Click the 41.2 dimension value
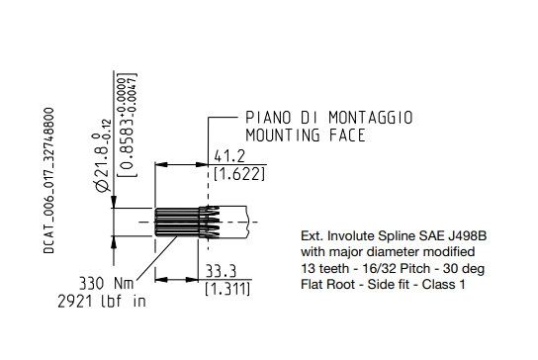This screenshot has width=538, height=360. (229, 156)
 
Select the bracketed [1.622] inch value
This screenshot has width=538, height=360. (239, 174)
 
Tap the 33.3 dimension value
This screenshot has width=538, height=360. (221, 271)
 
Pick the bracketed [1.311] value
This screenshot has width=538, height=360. (227, 289)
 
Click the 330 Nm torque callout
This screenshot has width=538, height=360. (106, 284)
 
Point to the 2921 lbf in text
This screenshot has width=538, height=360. (102, 302)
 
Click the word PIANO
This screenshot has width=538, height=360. (268, 118)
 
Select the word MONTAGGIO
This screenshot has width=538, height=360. (371, 118)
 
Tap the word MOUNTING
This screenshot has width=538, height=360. (283, 135)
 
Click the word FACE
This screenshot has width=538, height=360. (347, 135)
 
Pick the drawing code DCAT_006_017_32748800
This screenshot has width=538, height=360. (49, 181)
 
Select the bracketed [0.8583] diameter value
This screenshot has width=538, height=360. (127, 126)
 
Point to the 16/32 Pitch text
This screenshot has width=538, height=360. (397, 268)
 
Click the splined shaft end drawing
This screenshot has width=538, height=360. (201, 222)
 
